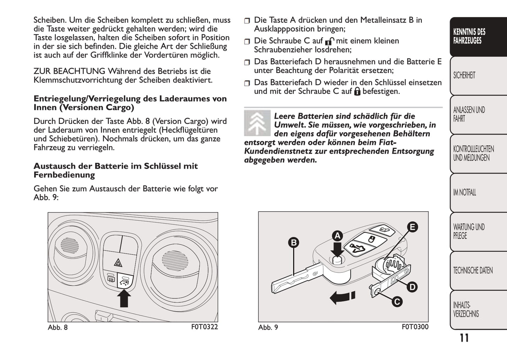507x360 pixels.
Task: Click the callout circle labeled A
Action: [338, 236]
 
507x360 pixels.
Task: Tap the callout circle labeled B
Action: [294, 242]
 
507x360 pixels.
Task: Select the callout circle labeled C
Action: [397, 302]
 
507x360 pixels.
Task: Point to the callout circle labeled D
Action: [412, 287]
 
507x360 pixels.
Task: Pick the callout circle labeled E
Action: [412, 227]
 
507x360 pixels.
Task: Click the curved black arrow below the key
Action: [342, 297]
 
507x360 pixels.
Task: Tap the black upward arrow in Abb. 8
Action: [124, 299]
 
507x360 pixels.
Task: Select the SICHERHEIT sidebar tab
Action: [464, 75]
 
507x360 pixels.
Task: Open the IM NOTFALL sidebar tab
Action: [465, 192]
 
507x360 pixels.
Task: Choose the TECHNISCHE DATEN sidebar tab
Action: [473, 271]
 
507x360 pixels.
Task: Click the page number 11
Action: [464, 338]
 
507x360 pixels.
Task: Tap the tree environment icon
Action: [257, 123]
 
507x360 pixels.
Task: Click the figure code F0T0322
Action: [205, 327]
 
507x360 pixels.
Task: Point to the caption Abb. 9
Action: [268, 327]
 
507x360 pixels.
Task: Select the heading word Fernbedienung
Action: [64, 175]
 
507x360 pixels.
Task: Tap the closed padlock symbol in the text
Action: [357, 92]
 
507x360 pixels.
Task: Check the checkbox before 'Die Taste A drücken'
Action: [247, 21]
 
